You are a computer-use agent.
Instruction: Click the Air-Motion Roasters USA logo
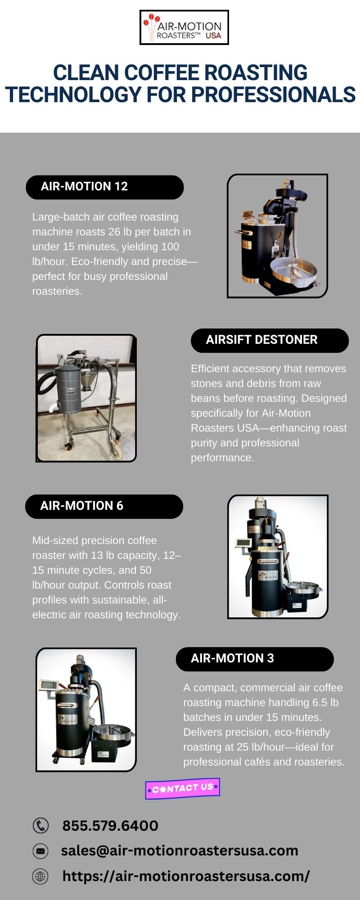(x=184, y=27)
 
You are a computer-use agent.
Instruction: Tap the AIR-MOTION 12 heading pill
(x=105, y=187)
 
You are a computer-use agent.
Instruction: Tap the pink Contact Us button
(x=183, y=788)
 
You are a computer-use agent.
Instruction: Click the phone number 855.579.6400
(x=110, y=826)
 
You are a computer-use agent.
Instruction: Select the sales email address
(x=180, y=850)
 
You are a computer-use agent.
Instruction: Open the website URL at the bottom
(x=186, y=876)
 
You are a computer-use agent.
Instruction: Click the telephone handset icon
(x=40, y=826)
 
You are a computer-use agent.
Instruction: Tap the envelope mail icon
(x=40, y=851)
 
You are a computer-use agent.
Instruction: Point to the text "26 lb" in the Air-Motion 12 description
(x=121, y=232)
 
